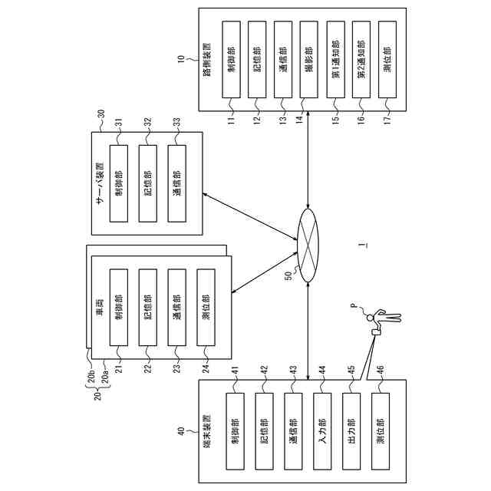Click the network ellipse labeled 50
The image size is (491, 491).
308,245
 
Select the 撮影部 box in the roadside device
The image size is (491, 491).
308,60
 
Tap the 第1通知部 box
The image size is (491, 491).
335,60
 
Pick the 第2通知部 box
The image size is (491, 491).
361,60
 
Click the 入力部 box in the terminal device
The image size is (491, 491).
322,431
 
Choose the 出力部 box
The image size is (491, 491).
351,431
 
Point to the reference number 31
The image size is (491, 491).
119,122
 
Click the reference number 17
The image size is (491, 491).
387,120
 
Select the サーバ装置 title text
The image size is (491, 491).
100,183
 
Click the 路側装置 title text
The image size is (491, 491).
207,60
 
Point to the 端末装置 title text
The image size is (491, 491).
207,431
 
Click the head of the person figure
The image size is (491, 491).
371,318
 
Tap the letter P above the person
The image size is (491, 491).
354,306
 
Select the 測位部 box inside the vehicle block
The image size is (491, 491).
206,307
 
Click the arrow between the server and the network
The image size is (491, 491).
249,216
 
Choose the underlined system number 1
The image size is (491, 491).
363,245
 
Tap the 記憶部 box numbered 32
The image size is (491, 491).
148,183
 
